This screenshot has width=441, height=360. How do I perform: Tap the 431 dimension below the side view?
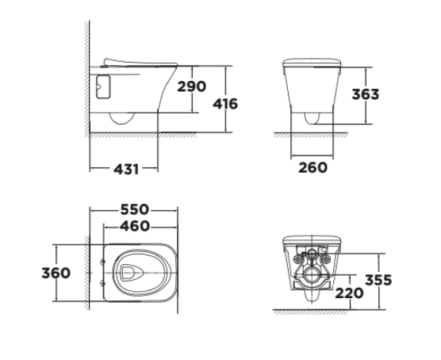pos(126,169)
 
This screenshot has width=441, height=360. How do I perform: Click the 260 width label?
pos(312,167)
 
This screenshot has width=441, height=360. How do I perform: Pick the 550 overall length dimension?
pos(135,209)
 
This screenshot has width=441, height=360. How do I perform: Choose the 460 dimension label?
pos(135,226)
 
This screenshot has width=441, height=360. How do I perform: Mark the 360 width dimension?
pos(56,273)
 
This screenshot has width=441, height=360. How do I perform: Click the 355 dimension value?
pos(378,281)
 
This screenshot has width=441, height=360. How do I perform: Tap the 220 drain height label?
pos(349,293)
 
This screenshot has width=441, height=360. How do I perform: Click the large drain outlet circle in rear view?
pos(311,277)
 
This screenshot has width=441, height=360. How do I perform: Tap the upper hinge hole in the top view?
pos(104,262)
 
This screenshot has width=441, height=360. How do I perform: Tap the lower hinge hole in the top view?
pos(104,283)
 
